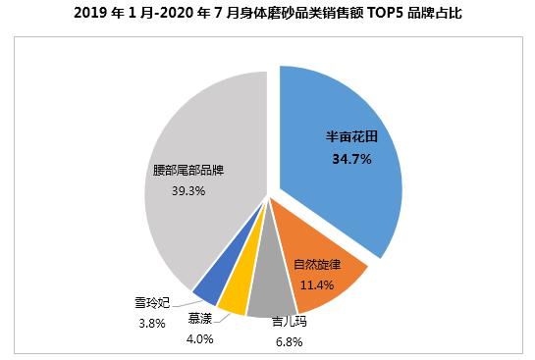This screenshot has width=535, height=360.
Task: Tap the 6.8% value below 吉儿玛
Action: [288, 342]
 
